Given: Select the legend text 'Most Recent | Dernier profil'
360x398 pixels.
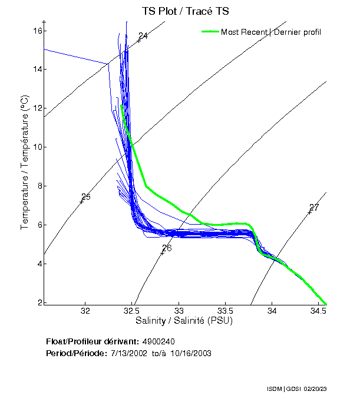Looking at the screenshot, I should [271, 32].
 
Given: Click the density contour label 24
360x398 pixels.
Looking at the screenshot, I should [143, 37].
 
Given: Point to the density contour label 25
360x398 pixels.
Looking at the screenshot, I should [86, 197].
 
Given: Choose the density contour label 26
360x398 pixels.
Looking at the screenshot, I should [167, 248].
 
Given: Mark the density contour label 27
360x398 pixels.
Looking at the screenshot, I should [314, 208].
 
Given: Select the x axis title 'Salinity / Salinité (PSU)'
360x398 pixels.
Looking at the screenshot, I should [184, 321].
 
